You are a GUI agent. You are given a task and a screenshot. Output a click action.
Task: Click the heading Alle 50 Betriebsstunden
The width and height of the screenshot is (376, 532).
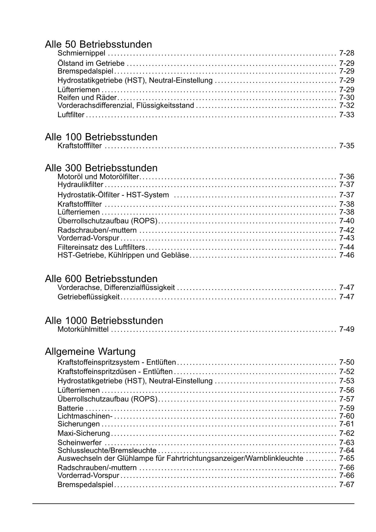coord(98,44)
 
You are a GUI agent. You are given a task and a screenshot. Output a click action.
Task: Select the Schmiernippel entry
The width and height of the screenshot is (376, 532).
coord(81,53)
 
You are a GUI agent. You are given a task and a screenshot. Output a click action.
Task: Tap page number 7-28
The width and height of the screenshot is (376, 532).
coord(347,53)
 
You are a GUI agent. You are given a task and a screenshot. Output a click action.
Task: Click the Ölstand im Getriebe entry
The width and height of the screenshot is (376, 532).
coord(91,63)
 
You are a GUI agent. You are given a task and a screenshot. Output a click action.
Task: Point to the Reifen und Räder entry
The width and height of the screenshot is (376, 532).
coord(87,98)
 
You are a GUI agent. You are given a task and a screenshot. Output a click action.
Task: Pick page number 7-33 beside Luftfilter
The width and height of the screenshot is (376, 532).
coord(347,115)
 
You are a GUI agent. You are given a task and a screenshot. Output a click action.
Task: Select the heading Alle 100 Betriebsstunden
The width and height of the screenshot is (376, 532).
coord(101,137)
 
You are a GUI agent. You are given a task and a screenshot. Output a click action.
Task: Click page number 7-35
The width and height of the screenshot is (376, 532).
coord(347,146)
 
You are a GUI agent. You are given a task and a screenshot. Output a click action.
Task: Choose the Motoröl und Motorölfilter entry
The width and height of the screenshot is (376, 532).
coord(98,177)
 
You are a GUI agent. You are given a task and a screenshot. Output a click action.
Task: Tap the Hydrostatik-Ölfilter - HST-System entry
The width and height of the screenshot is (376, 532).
coord(113,195)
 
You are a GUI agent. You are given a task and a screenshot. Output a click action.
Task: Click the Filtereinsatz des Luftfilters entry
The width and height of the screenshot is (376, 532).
coord(101,247)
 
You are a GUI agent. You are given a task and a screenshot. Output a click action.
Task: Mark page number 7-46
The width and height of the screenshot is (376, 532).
coord(347,255)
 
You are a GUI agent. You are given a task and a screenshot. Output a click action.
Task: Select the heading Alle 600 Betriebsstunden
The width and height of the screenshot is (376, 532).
coord(101,278)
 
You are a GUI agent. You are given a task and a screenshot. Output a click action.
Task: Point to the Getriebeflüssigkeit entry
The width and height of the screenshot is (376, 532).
coord(88,297)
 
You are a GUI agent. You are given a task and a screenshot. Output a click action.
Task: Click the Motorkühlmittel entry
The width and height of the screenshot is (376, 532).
coord(83,329)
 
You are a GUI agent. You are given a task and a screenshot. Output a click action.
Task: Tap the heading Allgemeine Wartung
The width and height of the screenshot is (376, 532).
coord(90,352)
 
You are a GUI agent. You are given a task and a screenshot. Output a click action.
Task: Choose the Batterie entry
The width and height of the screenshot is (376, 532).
coord(70,409)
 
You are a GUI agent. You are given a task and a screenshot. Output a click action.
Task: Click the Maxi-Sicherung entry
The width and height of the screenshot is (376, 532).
coord(84,433)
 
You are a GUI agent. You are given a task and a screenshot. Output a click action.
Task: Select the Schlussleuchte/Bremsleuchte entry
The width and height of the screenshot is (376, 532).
coord(107,451)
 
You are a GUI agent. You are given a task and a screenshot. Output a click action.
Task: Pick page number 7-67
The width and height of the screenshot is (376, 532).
coord(347,485)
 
